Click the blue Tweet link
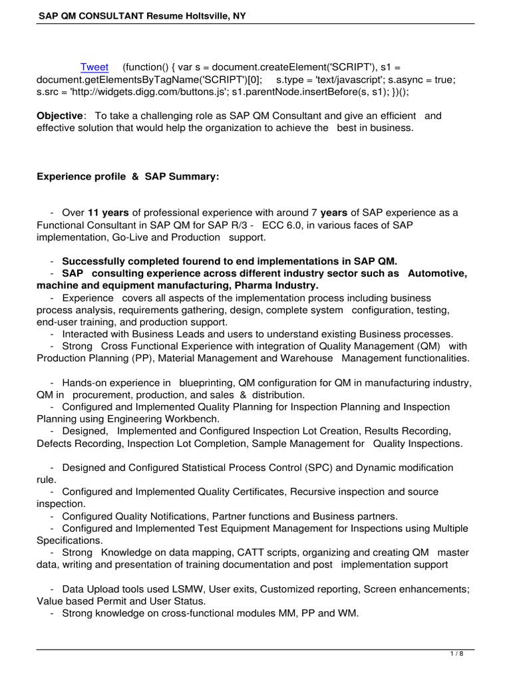94,67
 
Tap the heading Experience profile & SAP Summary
127,176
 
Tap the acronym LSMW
182,589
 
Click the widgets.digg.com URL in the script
142,91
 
